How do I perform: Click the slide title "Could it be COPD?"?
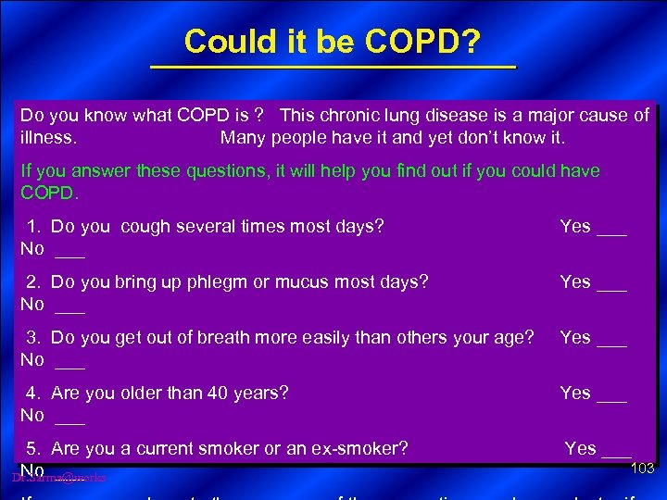[x=332, y=42]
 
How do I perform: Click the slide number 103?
[x=642, y=469]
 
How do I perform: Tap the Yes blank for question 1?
[x=611, y=231]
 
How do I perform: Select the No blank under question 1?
[x=70, y=253]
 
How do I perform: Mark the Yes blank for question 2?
[x=611, y=286]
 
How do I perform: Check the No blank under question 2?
[x=70, y=308]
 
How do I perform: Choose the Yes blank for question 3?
[x=611, y=342]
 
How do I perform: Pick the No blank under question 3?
[x=70, y=364]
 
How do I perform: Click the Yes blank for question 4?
[x=611, y=397]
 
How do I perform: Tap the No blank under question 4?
[x=70, y=419]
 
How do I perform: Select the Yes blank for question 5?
[x=616, y=453]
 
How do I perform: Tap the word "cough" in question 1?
[x=145, y=227]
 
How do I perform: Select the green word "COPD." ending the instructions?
[x=50, y=194]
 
